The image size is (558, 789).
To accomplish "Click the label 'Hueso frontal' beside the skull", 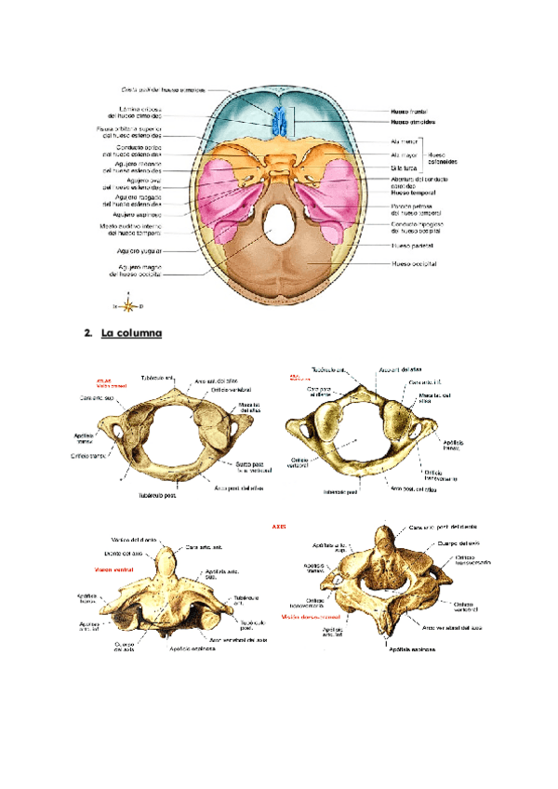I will pos(408,111).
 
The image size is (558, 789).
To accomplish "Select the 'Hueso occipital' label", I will pos(414,263).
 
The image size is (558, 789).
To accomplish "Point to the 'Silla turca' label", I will pos(402,167).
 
